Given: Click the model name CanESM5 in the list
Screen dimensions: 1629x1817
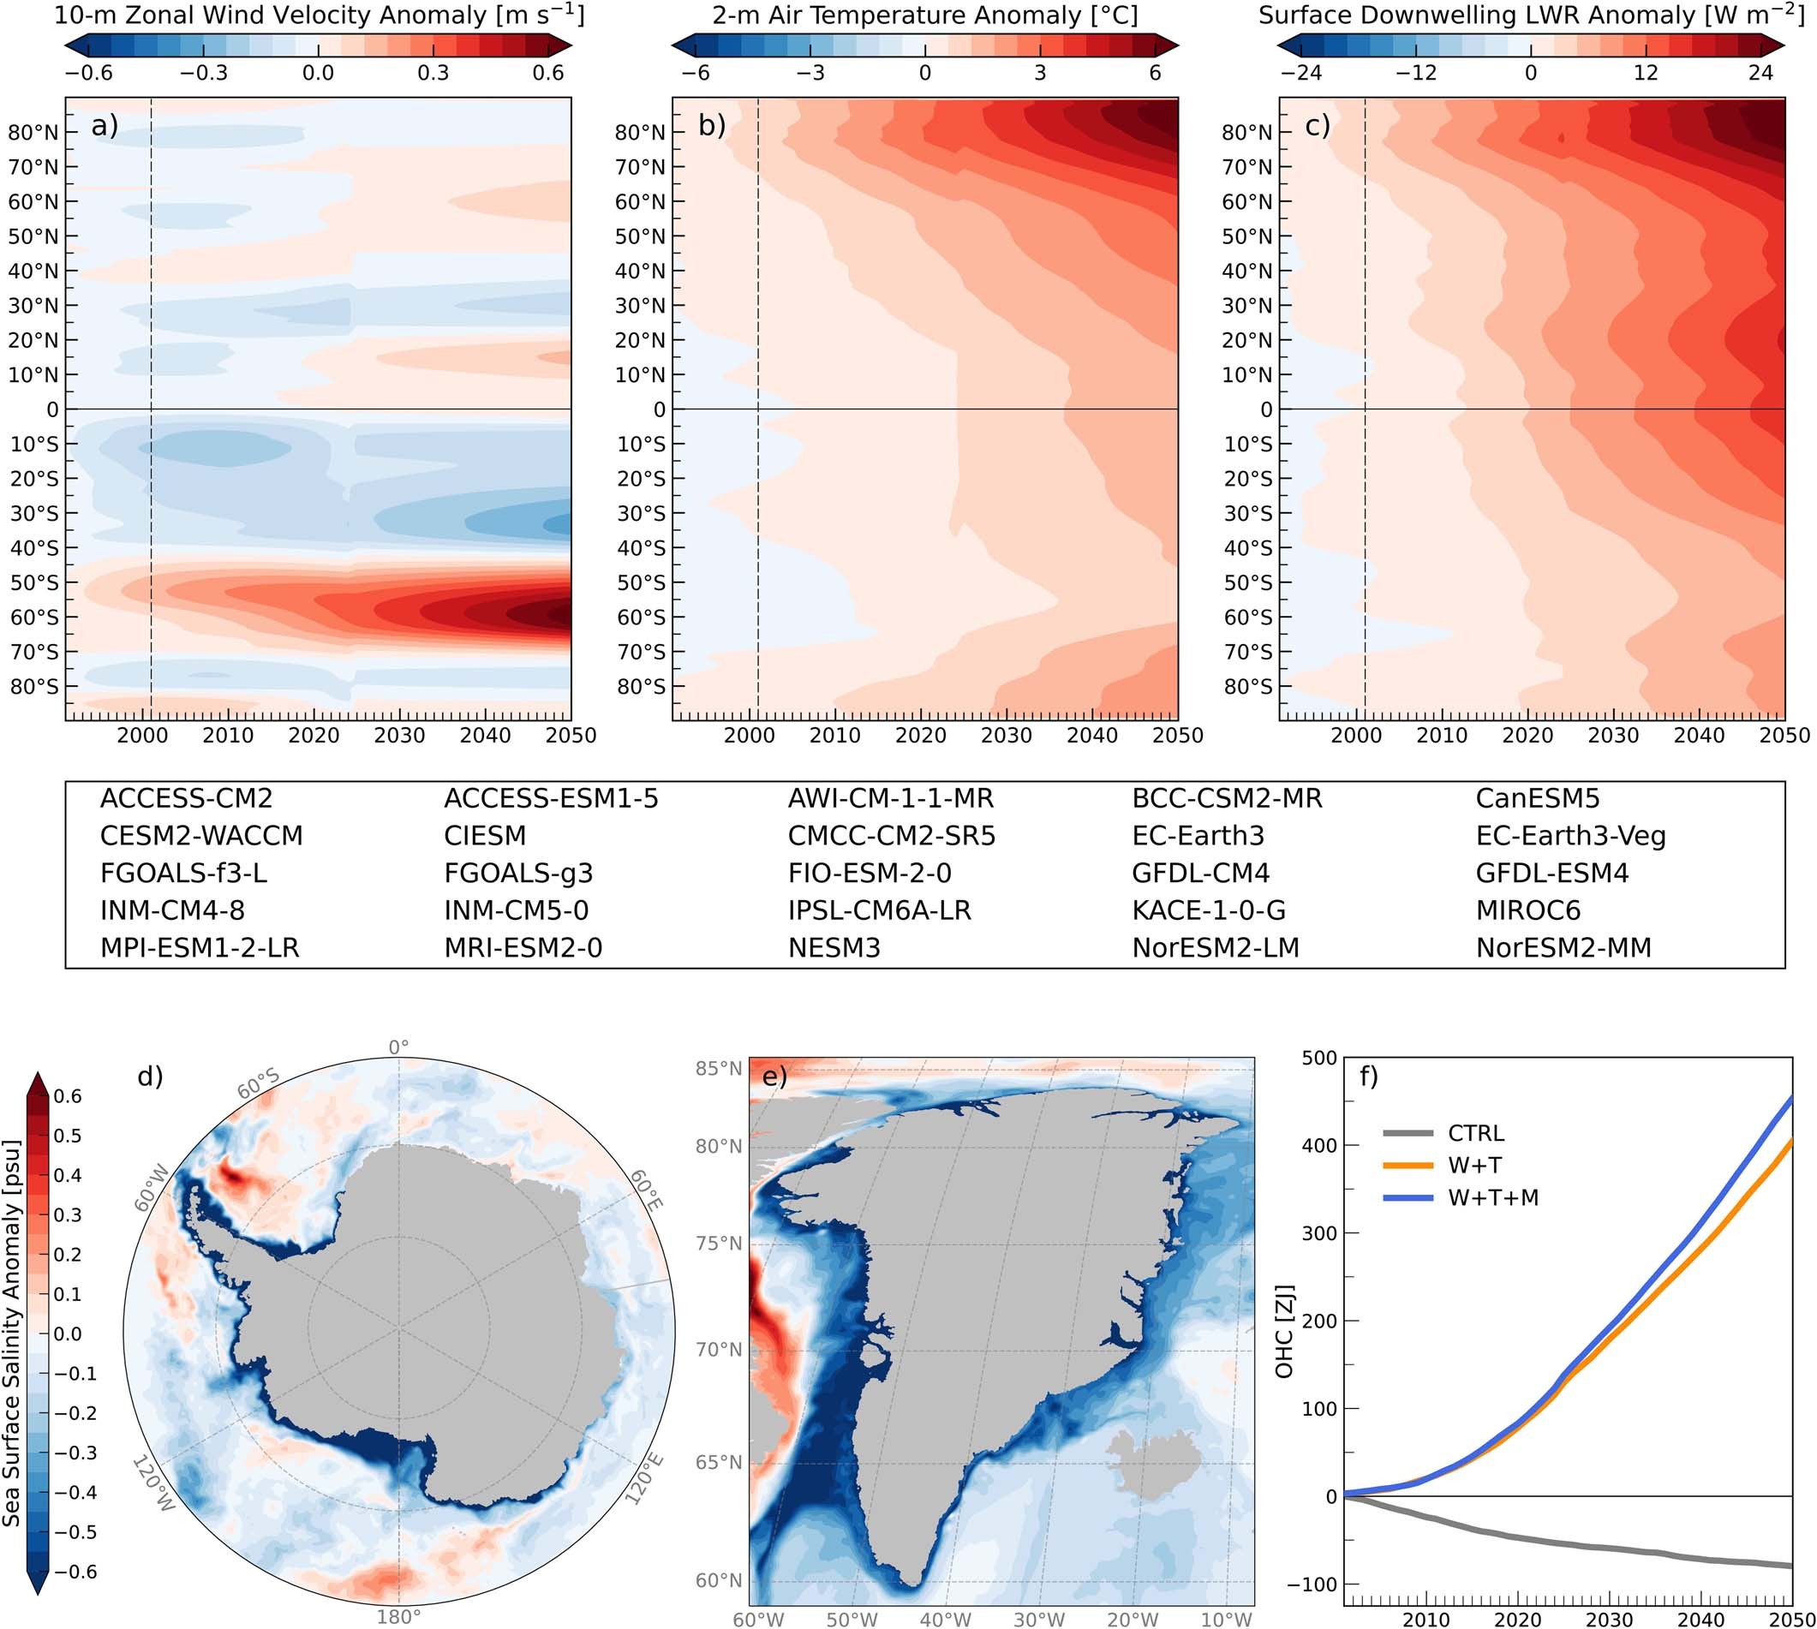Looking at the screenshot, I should [x=1537, y=798].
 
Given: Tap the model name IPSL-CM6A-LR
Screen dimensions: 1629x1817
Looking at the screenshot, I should [x=879, y=910].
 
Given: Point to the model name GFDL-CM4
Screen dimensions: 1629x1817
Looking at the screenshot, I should [x=1200, y=873].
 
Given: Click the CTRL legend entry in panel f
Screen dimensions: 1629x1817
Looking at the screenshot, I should [x=1475, y=1133].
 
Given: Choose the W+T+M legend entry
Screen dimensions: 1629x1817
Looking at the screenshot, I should [x=1493, y=1197].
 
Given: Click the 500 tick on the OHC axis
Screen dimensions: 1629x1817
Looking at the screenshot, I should [x=1319, y=1058].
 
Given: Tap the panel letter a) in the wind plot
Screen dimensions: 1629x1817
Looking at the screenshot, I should [x=105, y=126].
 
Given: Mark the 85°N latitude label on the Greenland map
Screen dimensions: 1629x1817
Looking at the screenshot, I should [x=719, y=1069].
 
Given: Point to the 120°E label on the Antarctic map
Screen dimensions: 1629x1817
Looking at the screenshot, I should [x=646, y=1478].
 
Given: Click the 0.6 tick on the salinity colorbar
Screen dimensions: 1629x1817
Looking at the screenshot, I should [x=68, y=1096].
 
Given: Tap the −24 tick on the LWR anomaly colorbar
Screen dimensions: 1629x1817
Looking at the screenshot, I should [x=1300, y=74].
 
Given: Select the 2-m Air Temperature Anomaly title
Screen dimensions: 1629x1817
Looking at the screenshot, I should [x=924, y=15].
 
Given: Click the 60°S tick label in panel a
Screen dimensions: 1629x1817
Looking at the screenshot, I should [x=34, y=617].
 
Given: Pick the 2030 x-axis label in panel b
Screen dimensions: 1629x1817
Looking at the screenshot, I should [x=1006, y=736].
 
